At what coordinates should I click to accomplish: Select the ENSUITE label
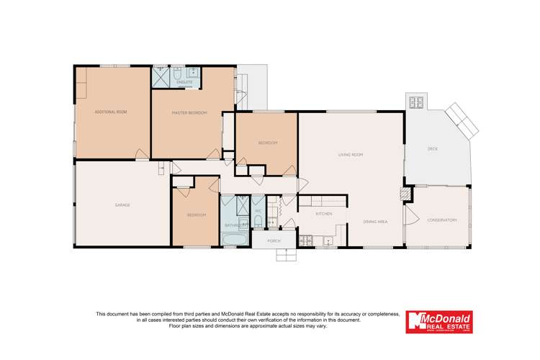pyautogui.click(x=184, y=82)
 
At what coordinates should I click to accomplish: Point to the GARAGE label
pyautogui.click(x=122, y=205)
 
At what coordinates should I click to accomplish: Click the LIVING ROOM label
pyautogui.click(x=350, y=155)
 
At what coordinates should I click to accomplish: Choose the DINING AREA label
pyautogui.click(x=375, y=221)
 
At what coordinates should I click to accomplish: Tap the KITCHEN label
pyautogui.click(x=324, y=215)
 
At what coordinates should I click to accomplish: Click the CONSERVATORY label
pyautogui.click(x=441, y=220)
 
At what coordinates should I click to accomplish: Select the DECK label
pyautogui.click(x=433, y=149)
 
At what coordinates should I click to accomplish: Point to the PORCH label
pyautogui.click(x=274, y=240)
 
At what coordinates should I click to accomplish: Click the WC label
pyautogui.click(x=257, y=211)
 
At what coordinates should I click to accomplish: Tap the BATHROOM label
pyautogui.click(x=235, y=225)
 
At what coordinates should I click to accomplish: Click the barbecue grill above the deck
pyautogui.click(x=416, y=102)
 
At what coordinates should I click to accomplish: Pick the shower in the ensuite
pyautogui.click(x=161, y=77)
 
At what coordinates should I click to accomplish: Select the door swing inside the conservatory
pyautogui.click(x=413, y=215)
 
